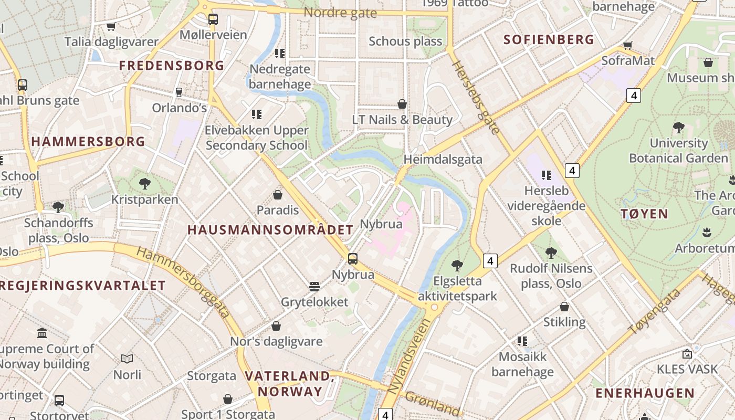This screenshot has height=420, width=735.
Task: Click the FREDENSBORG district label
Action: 172,66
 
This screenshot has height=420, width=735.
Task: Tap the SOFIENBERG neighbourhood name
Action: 549,40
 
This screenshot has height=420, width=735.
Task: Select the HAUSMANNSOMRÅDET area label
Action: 270,230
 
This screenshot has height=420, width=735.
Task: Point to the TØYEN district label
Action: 644,214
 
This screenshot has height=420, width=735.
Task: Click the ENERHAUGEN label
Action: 645,393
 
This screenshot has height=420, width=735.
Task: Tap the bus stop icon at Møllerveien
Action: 213,19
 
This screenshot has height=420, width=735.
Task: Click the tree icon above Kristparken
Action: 145,184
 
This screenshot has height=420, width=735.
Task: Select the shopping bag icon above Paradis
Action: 278,195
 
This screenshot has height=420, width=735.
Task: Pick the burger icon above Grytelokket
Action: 314,286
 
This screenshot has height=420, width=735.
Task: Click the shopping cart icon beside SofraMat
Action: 627,45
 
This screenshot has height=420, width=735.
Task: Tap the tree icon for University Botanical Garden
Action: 678,127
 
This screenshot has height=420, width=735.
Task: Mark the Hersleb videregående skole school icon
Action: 546,175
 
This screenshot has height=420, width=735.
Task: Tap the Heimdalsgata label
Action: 443,159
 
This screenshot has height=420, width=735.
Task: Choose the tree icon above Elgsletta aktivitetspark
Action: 457,265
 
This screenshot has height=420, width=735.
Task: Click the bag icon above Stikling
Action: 564,306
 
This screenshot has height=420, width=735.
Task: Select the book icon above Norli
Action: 127,359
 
